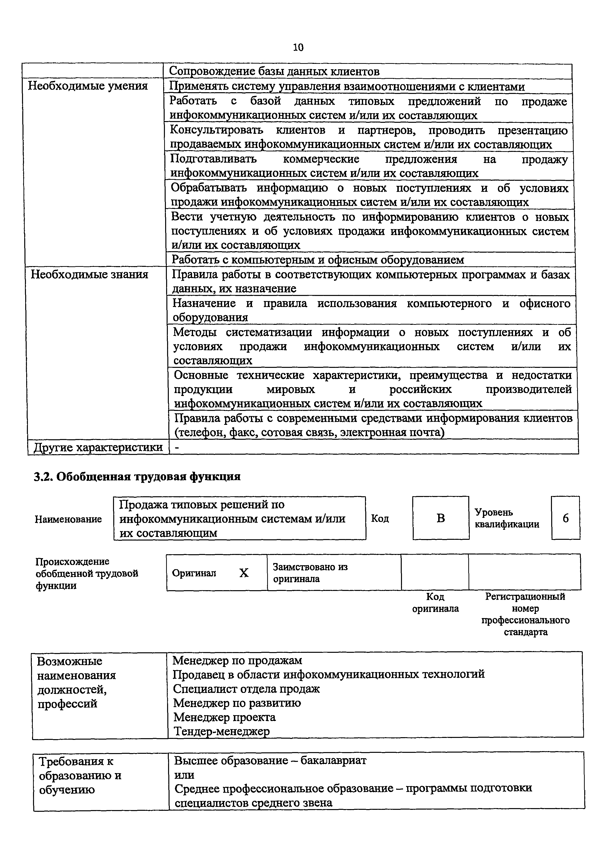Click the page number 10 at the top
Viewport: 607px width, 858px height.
coord(298,47)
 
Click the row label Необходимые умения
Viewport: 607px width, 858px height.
coord(88,86)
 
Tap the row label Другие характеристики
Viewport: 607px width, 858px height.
coord(98,447)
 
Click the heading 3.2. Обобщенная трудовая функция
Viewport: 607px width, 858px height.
coord(137,477)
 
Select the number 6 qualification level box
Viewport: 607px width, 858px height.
coord(565,518)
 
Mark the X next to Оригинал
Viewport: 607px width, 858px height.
coord(244,573)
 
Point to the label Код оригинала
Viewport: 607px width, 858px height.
coord(435,602)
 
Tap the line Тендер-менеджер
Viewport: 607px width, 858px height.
coord(221,731)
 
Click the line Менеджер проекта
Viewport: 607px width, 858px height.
coord(225,717)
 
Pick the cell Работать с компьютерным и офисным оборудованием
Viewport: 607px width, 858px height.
coord(318,260)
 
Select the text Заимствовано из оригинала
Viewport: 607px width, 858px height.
coord(310,573)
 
